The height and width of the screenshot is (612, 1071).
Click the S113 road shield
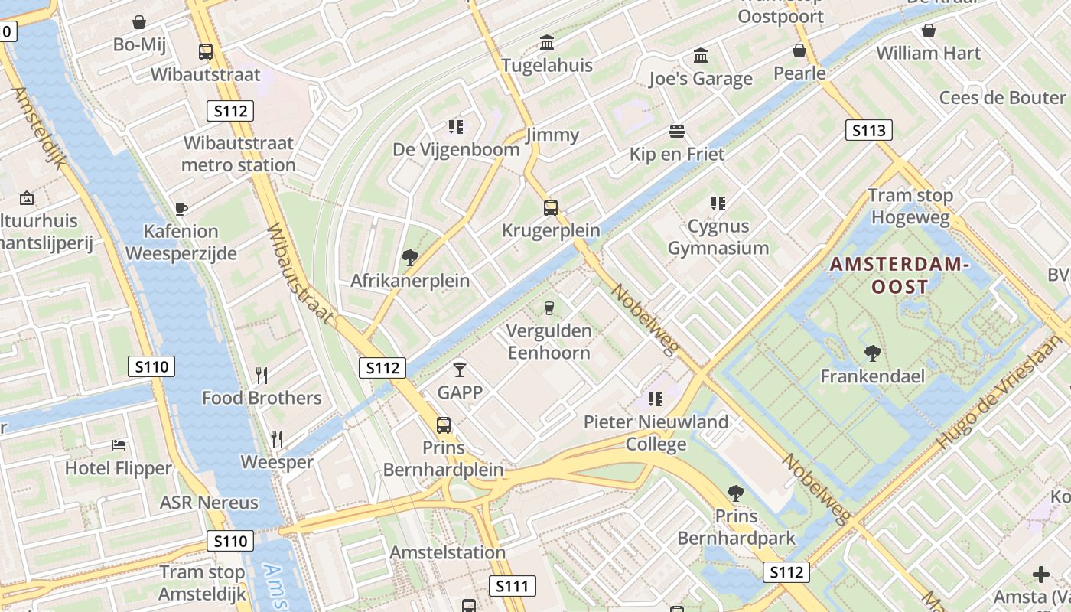click(x=869, y=130)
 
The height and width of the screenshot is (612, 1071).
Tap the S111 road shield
click(x=512, y=587)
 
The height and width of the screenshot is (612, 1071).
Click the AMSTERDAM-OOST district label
click(x=899, y=275)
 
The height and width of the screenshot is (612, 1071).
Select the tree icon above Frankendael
click(x=872, y=353)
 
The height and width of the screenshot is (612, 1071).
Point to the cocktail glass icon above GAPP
click(x=459, y=369)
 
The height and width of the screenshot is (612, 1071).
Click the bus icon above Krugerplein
click(x=550, y=207)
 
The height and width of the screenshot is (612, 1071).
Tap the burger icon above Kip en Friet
click(x=676, y=131)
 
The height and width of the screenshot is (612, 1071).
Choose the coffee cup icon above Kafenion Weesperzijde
click(x=181, y=208)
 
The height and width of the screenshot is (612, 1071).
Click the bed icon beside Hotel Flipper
click(x=119, y=444)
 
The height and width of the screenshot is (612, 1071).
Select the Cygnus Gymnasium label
click(x=718, y=237)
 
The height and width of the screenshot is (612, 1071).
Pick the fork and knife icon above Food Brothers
click(x=262, y=375)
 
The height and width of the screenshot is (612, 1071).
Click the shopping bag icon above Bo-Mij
click(x=139, y=21)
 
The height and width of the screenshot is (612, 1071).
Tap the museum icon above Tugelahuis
click(x=547, y=42)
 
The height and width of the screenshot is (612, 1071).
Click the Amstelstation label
click(x=448, y=552)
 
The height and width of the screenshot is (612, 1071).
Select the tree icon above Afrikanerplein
click(x=410, y=257)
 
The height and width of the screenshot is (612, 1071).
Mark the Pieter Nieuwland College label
click(x=656, y=433)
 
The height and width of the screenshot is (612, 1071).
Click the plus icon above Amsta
click(x=1040, y=574)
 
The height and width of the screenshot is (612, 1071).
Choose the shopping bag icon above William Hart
click(x=928, y=31)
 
